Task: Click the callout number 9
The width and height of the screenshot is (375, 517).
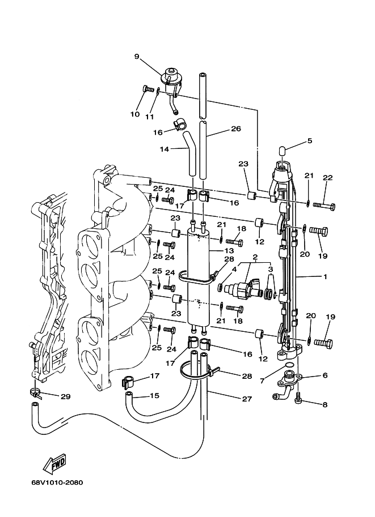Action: [x=136, y=56]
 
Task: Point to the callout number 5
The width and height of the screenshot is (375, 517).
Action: [x=309, y=140]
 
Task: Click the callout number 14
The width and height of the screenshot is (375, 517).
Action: [x=164, y=149]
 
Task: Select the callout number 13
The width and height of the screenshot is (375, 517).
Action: [x=229, y=250]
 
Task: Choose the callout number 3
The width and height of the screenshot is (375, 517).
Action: [x=270, y=269]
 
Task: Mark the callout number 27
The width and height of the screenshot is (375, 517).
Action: [x=246, y=399]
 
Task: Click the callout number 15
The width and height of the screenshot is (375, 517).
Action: [x=154, y=396]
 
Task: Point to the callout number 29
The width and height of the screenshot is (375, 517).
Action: [x=65, y=397]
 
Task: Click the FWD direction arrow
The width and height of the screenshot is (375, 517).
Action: [x=56, y=465]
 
